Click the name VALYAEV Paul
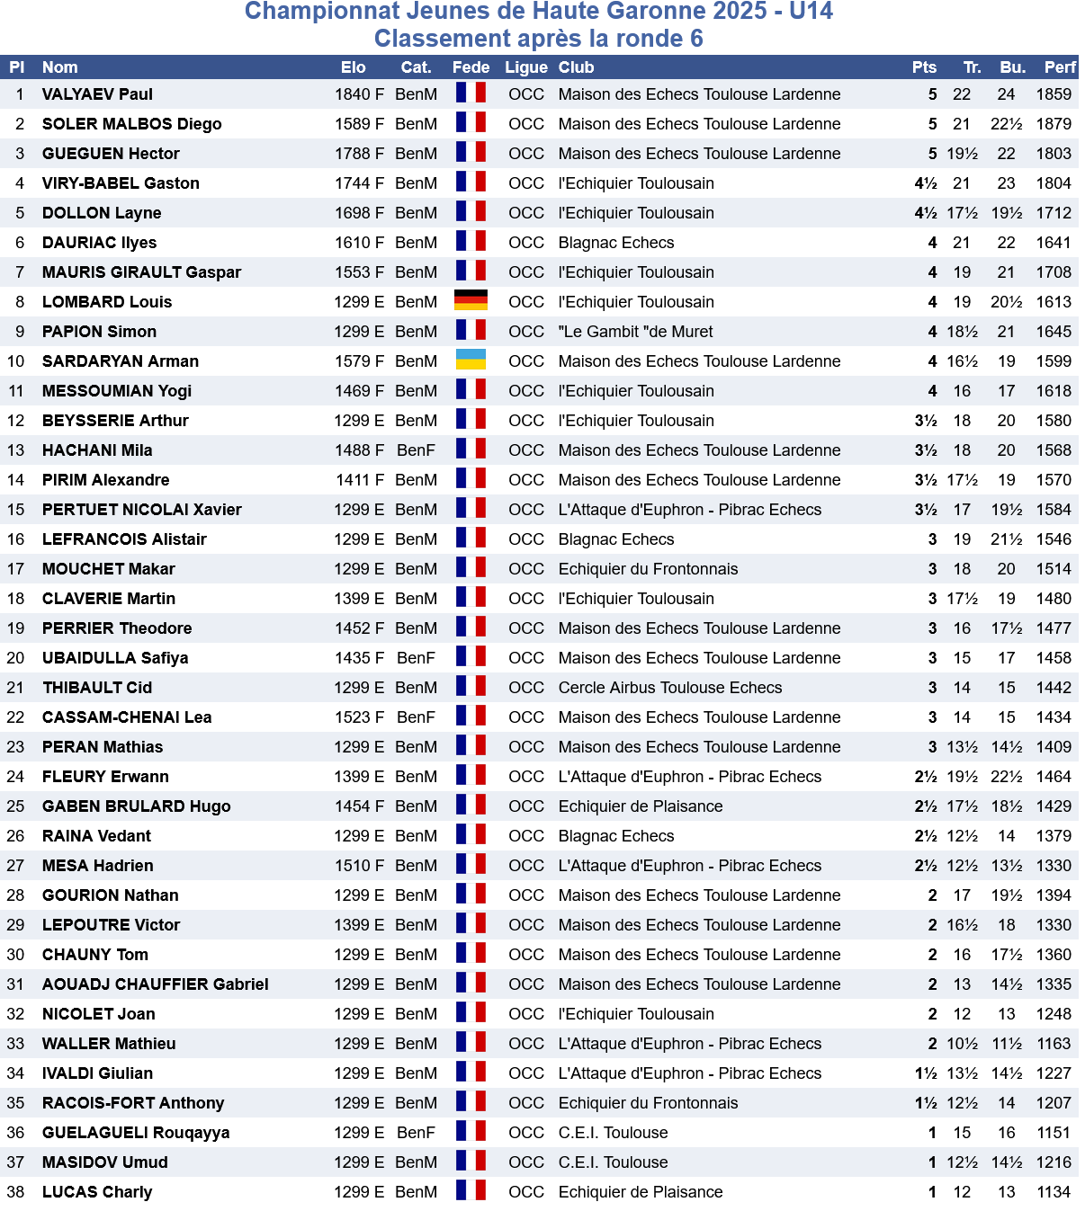click(97, 94)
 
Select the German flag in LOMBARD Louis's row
click(471, 301)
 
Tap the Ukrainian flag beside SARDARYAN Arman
click(471, 361)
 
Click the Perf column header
click(1060, 67)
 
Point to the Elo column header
click(354, 67)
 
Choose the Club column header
click(576, 67)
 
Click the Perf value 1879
click(1054, 124)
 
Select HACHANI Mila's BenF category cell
click(416, 450)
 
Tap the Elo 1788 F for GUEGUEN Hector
click(359, 154)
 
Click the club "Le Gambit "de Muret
click(635, 332)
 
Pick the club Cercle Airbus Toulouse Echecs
click(670, 688)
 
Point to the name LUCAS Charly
click(97, 1192)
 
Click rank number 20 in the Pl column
click(16, 658)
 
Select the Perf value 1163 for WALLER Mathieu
click(1054, 1044)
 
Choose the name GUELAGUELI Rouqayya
click(136, 1133)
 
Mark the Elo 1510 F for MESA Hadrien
click(359, 866)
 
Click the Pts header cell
click(924, 67)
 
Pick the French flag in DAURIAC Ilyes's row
click(471, 242)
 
